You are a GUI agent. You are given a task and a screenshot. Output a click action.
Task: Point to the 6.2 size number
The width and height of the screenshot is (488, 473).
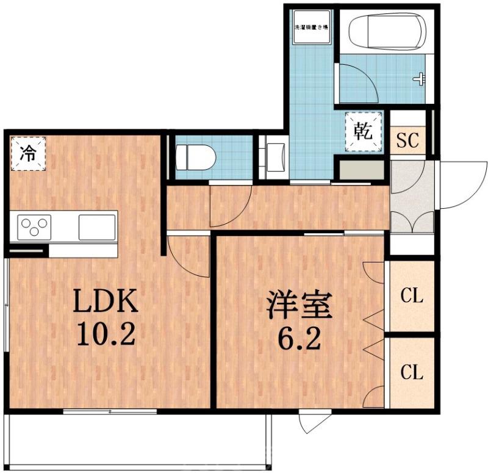pos(299,337)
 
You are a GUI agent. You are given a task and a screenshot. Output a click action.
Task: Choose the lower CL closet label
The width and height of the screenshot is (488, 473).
pos(412,372)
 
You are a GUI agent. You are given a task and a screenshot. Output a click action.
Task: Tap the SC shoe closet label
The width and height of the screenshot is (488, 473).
pos(407,141)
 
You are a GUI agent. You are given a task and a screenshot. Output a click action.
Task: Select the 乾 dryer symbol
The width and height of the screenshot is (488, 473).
pos(364,131)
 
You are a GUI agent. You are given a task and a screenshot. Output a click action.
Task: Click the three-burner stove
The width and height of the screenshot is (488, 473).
pos(35,228)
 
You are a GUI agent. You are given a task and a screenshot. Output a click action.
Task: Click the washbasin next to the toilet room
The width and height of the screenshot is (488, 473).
pos(273,157)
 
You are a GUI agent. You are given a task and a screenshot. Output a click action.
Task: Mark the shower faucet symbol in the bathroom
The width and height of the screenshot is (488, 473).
pos(420,79)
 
